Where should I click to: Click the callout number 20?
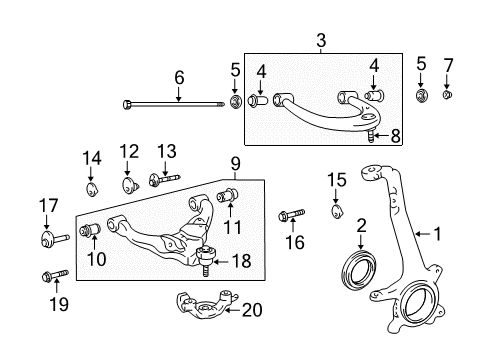pyautogui.click(x=252, y=310)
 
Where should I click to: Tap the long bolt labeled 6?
pyautogui.click(x=174, y=105)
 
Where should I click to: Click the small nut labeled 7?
pyautogui.click(x=447, y=95)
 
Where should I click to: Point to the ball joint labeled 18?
pyautogui.click(x=205, y=260)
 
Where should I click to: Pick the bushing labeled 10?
pyautogui.click(x=90, y=230)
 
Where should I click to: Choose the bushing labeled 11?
pyautogui.click(x=228, y=195)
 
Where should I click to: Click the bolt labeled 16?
pyautogui.click(x=291, y=215)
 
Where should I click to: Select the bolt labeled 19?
pyautogui.click(x=55, y=275)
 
